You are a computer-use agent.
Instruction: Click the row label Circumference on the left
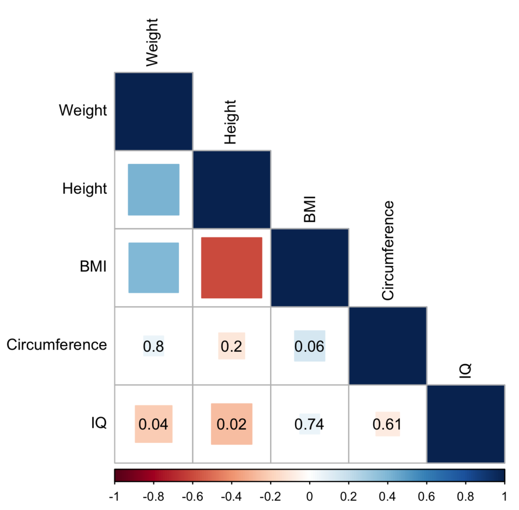[57, 346]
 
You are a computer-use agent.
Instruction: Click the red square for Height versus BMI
[232, 267]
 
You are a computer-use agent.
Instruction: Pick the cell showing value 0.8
[154, 346]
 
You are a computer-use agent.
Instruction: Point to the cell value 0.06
[309, 346]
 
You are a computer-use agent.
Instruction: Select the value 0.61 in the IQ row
[387, 424]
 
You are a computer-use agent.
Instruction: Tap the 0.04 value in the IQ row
[154, 424]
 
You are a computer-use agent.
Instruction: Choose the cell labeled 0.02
[232, 424]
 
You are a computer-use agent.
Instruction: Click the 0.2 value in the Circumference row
[232, 346]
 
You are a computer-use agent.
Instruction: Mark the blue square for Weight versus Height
[154, 190]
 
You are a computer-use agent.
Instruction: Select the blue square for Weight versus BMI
[154, 267]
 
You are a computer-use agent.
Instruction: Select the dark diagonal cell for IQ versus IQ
[465, 424]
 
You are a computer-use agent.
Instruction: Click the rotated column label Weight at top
[153, 43]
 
